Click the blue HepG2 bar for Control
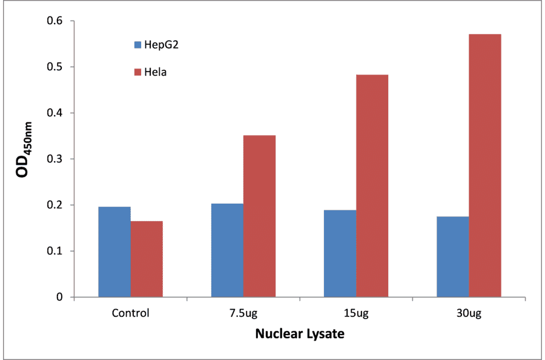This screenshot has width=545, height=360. click(x=114, y=252)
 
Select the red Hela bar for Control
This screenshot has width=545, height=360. click(x=147, y=259)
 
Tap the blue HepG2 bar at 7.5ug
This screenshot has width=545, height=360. click(x=227, y=250)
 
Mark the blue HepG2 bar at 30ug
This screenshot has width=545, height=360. click(x=452, y=257)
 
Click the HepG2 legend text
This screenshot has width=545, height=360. click(x=162, y=45)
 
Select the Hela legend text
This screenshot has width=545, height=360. click(x=155, y=73)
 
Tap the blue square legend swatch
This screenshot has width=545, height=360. click(x=137, y=45)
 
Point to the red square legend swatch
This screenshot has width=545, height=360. click(x=137, y=73)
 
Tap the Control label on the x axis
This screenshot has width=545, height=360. click(x=130, y=314)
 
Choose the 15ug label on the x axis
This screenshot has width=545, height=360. click(x=355, y=314)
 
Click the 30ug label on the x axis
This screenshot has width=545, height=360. click(x=469, y=314)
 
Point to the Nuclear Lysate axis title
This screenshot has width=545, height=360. click(x=299, y=334)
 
